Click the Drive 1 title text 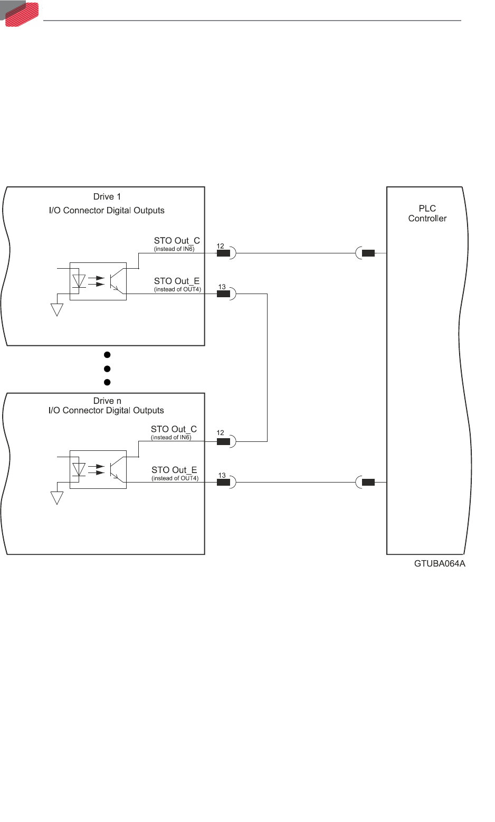107,197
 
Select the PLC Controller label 427,213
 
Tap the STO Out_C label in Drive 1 177,241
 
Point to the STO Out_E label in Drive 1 177,281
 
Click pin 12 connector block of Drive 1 223,253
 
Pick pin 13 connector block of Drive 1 223,294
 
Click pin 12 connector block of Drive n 223,441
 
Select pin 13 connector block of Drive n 223,482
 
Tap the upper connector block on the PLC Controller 368,253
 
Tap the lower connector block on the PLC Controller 368,482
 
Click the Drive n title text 107,401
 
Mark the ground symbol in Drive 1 57,309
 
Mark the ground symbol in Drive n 57,498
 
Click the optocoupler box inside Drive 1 98,281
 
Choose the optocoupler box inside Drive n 98,469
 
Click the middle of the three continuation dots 107,369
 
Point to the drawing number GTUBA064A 440,564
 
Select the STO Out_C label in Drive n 174,429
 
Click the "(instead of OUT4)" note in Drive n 175,478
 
